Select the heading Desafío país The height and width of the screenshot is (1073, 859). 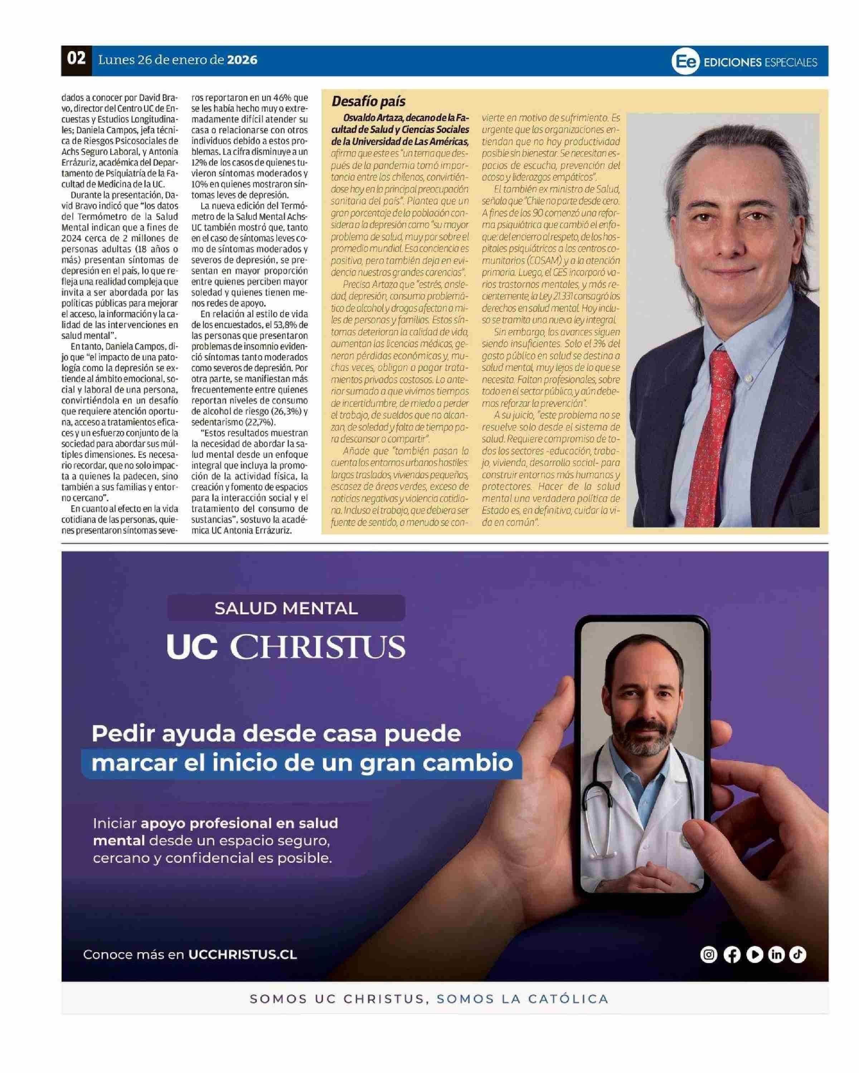click(369, 102)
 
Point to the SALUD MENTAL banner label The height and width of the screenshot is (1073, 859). click(286, 608)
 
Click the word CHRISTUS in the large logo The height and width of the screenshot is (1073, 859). click(319, 647)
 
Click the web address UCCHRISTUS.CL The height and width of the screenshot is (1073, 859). click(243, 955)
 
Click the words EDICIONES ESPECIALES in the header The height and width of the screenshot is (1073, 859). click(761, 62)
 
